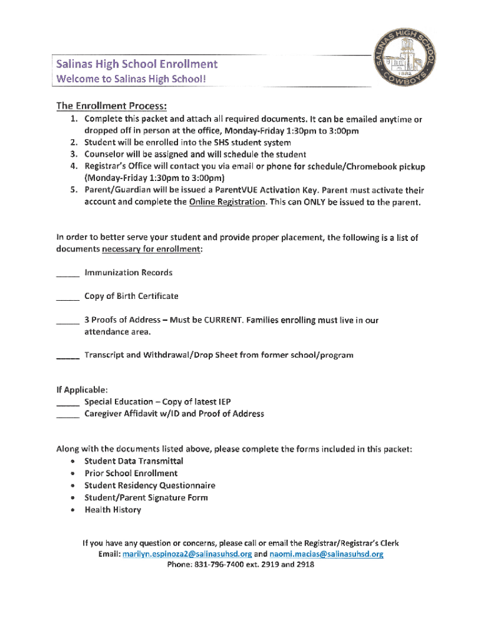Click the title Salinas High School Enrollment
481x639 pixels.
pyautogui.click(x=137, y=64)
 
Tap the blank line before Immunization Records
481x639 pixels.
pyautogui.click(x=67, y=274)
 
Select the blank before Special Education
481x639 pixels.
pyautogui.click(x=67, y=403)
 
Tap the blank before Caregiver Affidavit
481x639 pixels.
pyautogui.click(x=67, y=415)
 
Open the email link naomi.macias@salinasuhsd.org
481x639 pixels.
pyautogui.click(x=326, y=554)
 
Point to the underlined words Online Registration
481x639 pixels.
pyautogui.click(x=227, y=202)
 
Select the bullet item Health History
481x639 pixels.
pyautogui.click(x=113, y=510)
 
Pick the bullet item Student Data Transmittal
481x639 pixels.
pyautogui.click(x=134, y=461)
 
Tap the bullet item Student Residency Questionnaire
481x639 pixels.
pyautogui.click(x=150, y=485)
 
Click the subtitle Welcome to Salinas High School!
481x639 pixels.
pyautogui.click(x=131, y=79)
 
